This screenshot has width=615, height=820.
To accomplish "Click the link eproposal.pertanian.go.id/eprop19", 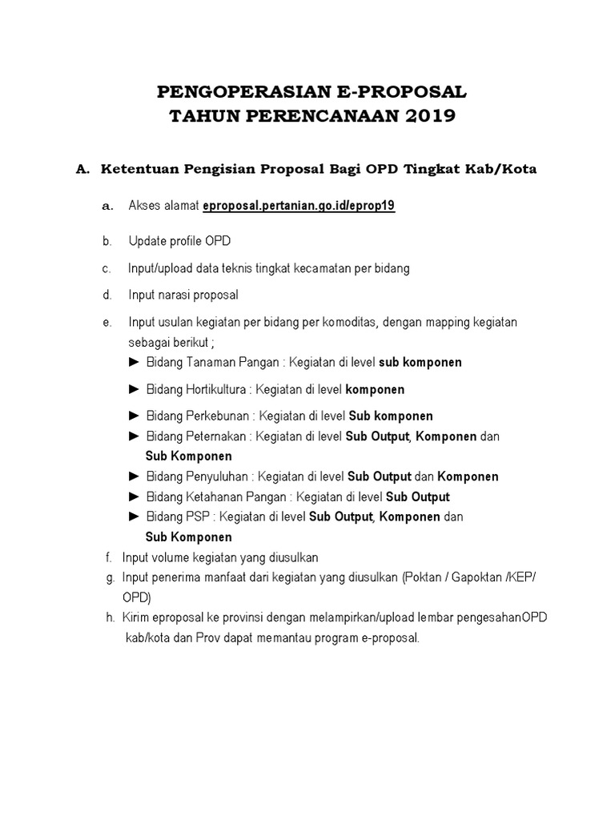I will pos(299,206).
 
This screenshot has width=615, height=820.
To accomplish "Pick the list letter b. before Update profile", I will pos(107,242).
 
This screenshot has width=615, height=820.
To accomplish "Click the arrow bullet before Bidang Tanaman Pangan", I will pos(134,362).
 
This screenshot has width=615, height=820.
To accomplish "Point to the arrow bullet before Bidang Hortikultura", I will pos(134,389).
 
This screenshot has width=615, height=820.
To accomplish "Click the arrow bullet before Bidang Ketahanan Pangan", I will pos(134,496).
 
